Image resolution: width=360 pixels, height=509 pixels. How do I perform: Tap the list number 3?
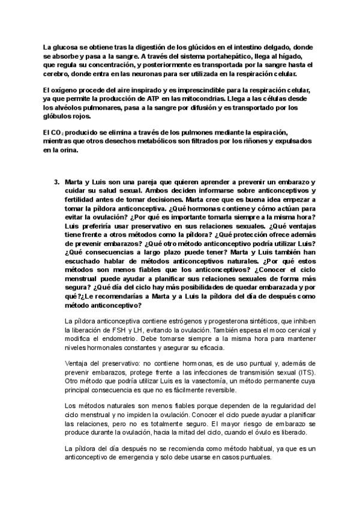(56, 181)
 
